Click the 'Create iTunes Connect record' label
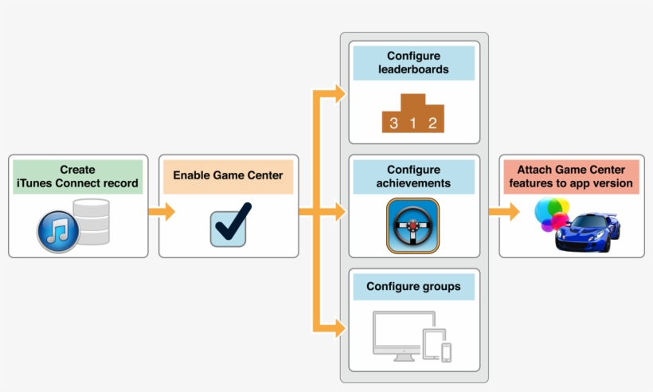(77, 176)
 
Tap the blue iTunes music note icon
(58, 232)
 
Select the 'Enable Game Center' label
(228, 176)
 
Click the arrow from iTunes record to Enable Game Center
(162, 212)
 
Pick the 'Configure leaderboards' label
(413, 63)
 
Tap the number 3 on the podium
(393, 123)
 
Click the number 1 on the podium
(413, 123)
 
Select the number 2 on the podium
(432, 123)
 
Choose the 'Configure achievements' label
(413, 176)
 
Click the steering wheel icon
(413, 226)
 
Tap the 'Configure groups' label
(413, 286)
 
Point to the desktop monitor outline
(397, 331)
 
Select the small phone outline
(447, 351)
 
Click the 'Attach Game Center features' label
(571, 176)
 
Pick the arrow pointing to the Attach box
(502, 212)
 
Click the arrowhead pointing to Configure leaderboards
(340, 95)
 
